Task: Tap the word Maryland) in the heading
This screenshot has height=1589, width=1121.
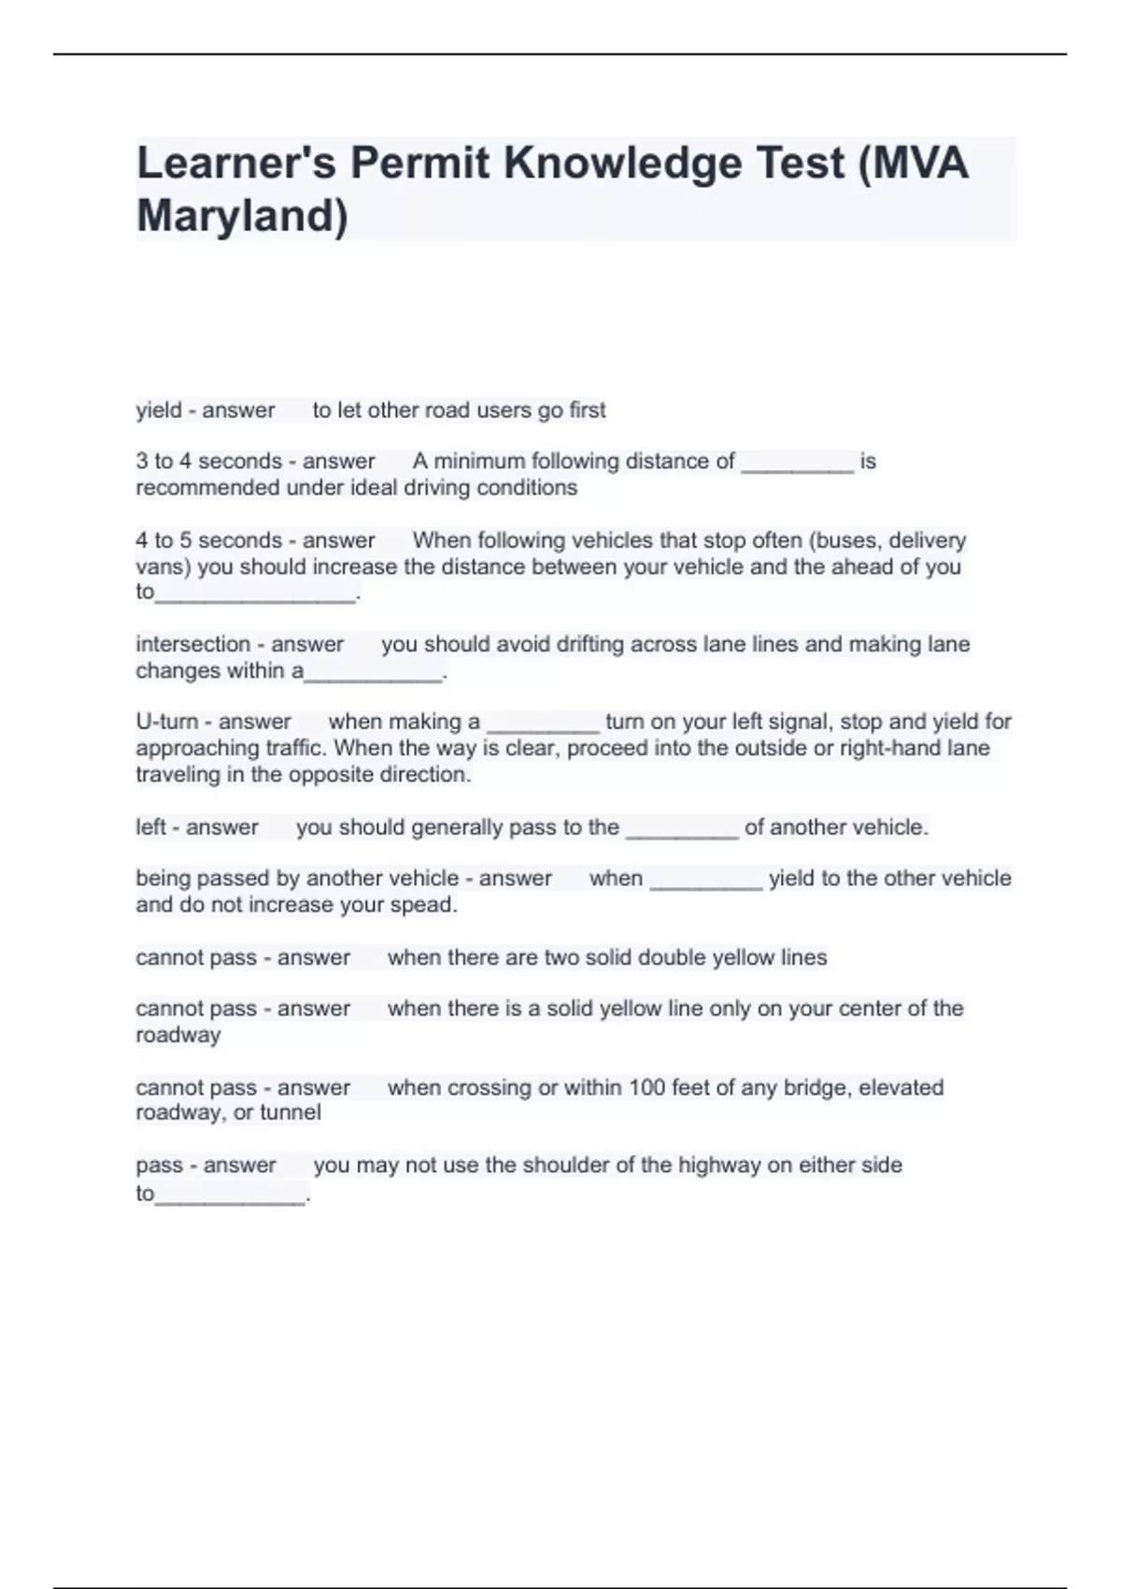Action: tap(242, 216)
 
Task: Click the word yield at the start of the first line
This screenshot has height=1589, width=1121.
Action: tap(159, 410)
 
